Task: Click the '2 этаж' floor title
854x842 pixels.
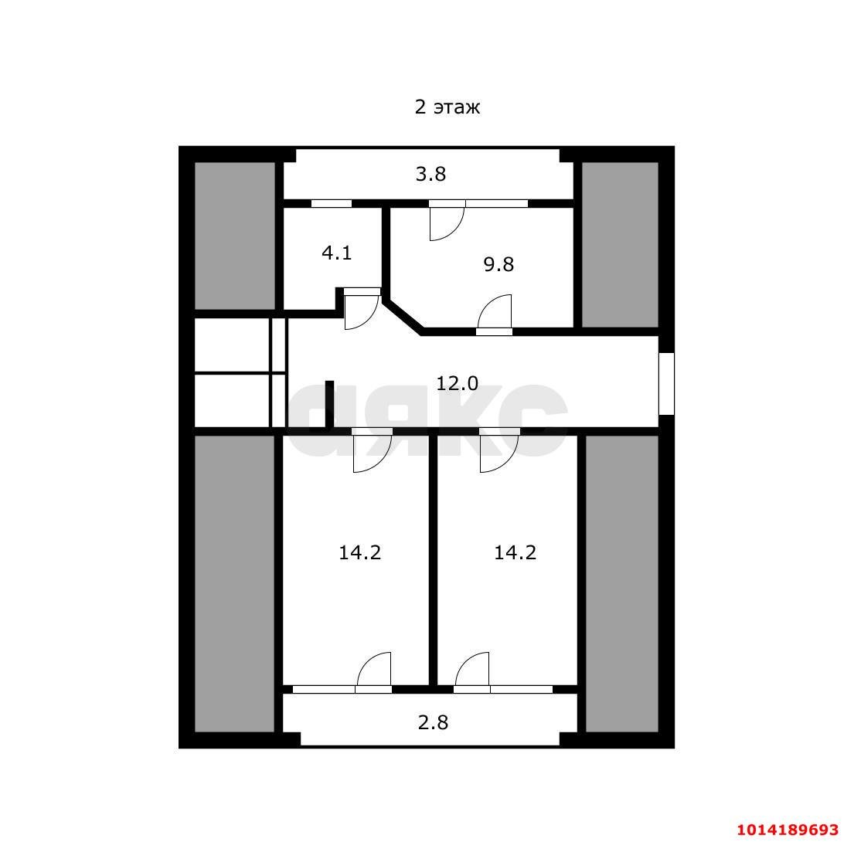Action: tap(447, 107)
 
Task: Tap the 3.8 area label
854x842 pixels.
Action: tap(430, 174)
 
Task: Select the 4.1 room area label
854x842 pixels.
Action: tap(337, 253)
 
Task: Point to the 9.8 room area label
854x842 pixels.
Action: tap(498, 264)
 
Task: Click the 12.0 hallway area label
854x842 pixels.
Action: tap(457, 383)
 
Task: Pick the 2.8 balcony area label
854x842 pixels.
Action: tap(433, 722)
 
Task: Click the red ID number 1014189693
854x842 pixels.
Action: tap(788, 830)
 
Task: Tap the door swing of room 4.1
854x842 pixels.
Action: tap(361, 309)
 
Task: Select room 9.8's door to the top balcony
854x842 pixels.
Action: tap(447, 221)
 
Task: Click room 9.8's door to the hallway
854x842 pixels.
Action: tap(495, 314)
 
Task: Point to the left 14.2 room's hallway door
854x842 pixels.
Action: tap(372, 450)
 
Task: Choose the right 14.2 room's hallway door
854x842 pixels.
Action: tap(499, 450)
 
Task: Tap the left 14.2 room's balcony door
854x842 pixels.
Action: tap(374, 672)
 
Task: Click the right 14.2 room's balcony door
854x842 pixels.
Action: tap(471, 672)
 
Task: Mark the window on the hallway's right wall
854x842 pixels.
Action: tap(667, 384)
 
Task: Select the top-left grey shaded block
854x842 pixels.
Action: tap(235, 236)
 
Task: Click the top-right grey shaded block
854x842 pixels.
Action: tap(621, 245)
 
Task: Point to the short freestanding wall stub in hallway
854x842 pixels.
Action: tap(329, 404)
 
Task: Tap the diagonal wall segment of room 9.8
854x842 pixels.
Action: tap(403, 316)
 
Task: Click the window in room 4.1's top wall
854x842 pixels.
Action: tap(331, 204)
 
